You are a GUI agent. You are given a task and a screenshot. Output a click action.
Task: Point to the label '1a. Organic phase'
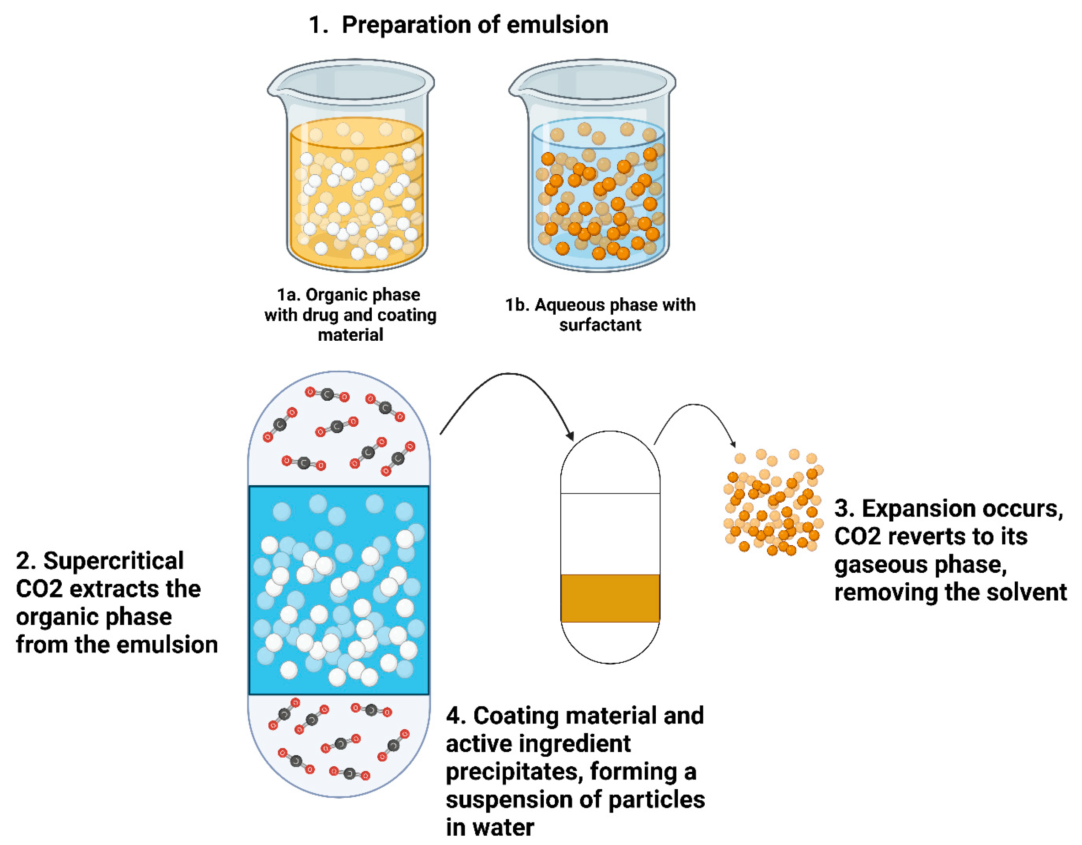point(348,294)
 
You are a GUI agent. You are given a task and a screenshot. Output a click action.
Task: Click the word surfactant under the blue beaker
point(600,325)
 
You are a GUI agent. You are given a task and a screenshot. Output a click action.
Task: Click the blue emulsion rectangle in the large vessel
point(339,590)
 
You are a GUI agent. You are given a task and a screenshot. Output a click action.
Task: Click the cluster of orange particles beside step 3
point(773,503)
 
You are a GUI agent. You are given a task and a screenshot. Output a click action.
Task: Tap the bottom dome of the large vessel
point(339,743)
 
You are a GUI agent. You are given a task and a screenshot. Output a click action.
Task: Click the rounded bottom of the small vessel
point(610,644)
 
